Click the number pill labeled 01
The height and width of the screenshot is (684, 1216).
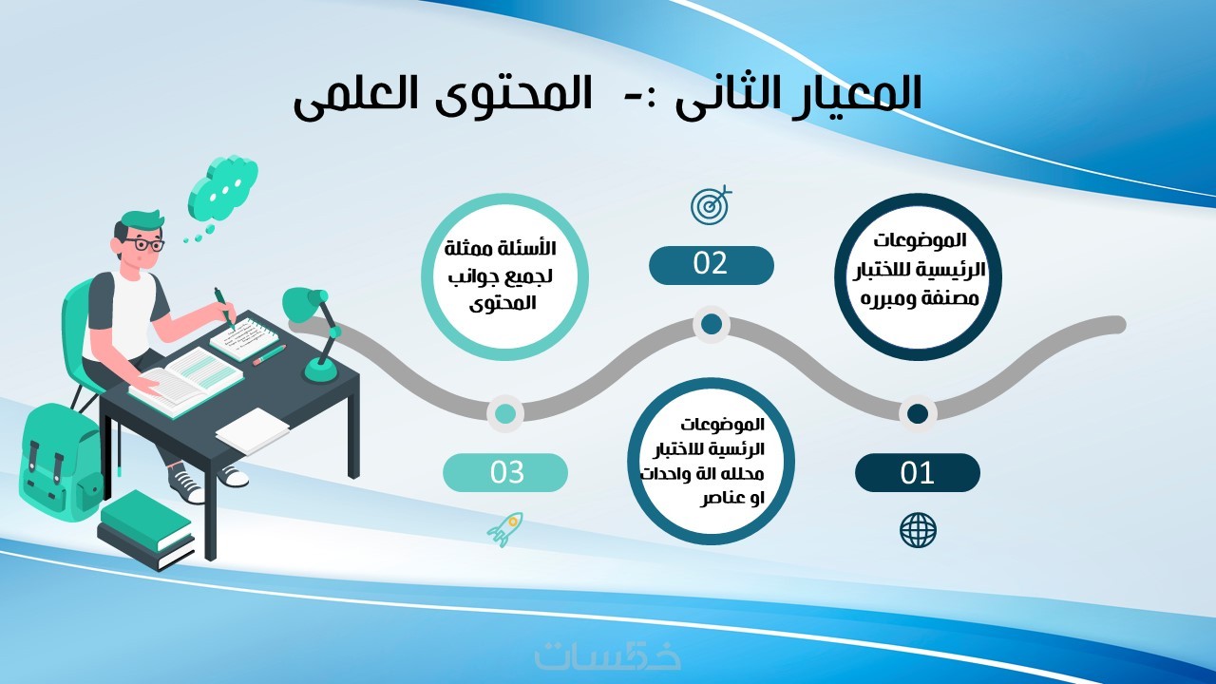pyautogui.click(x=918, y=473)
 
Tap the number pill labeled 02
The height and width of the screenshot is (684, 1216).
pyautogui.click(x=712, y=265)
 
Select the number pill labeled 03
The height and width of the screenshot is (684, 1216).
pyautogui.click(x=505, y=473)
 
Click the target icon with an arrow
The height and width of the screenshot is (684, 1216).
pyautogui.click(x=711, y=204)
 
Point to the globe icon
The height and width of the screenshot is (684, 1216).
pyautogui.click(x=918, y=530)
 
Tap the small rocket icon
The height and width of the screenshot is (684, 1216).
pyautogui.click(x=504, y=529)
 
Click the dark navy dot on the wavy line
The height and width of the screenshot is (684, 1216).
pyautogui.click(x=918, y=413)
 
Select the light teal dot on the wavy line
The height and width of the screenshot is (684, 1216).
pyautogui.click(x=505, y=413)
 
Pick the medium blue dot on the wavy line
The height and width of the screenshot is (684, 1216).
pyautogui.click(x=712, y=324)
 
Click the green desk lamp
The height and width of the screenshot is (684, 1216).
pyautogui.click(x=314, y=332)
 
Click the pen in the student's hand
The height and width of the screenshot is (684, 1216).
pyautogui.click(x=225, y=308)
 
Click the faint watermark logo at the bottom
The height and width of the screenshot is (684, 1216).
pyautogui.click(x=608, y=655)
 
